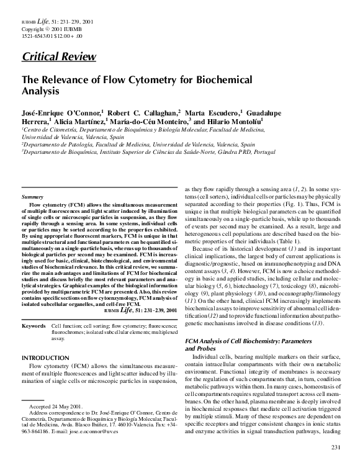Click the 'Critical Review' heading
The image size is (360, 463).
coord(59,57)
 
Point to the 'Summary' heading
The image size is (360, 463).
coord(32,197)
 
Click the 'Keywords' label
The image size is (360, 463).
coord(33,325)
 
